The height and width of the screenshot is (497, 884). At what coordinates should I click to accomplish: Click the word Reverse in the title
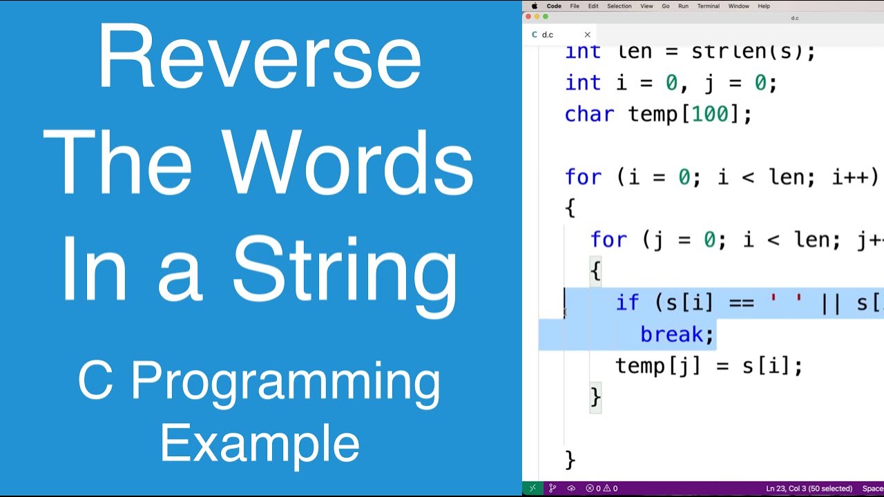coord(259,57)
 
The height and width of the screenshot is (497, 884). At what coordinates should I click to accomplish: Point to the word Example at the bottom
coord(260,444)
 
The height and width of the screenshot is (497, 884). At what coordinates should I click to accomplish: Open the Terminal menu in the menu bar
coord(708,6)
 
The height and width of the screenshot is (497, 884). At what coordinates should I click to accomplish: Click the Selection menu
coord(619,6)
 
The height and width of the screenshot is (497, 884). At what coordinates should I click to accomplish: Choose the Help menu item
coord(764,6)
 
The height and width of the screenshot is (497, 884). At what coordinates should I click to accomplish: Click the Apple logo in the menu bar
coord(535,6)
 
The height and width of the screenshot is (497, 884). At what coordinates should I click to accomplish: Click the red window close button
coord(528,17)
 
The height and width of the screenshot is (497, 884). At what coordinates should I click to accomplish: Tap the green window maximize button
coord(546,17)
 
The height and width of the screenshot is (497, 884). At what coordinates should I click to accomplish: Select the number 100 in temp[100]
coord(709,115)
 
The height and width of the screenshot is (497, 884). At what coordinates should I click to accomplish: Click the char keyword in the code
coord(588,115)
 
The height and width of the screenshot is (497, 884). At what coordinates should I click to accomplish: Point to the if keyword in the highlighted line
coord(627,302)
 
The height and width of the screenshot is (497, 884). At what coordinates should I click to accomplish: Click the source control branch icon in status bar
coord(552,489)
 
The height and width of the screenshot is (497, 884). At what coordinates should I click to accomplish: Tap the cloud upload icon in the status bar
coord(571,489)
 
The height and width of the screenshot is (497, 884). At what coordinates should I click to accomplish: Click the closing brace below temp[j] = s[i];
coord(595,397)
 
